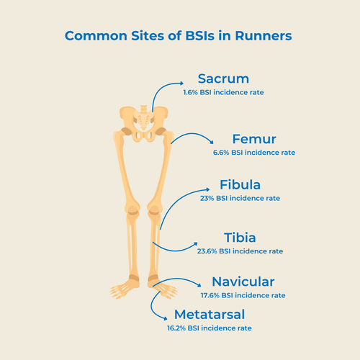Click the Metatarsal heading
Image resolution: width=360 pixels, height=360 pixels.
208,315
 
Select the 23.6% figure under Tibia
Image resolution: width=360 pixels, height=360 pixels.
207,251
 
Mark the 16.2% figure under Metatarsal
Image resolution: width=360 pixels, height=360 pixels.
176,328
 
